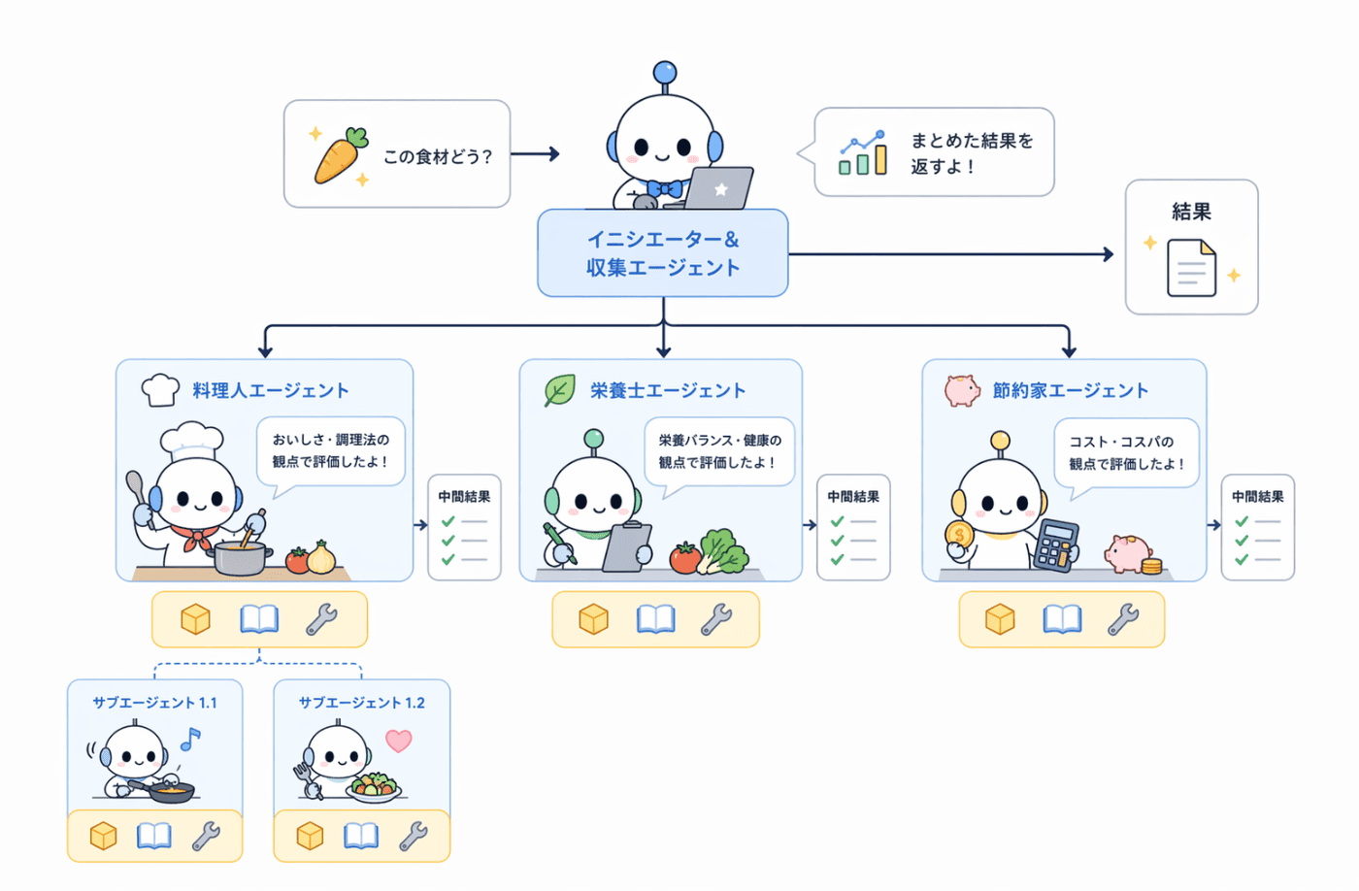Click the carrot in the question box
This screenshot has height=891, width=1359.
click(x=341, y=155)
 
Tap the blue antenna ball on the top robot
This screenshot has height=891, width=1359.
click(x=665, y=72)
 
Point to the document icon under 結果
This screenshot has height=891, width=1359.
click(x=1192, y=268)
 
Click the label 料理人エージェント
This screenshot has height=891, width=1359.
click(x=271, y=390)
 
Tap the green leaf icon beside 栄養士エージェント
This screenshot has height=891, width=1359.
click(x=559, y=390)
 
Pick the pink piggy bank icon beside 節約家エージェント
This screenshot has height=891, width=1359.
click(x=962, y=390)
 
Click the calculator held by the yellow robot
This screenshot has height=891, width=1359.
click(x=1055, y=545)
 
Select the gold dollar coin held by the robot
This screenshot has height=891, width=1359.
click(x=959, y=535)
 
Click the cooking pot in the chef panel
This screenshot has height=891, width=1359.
click(x=240, y=558)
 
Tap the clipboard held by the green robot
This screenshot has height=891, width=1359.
click(x=627, y=546)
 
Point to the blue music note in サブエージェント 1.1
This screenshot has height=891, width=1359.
click(x=190, y=739)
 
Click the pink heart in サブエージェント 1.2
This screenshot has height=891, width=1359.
click(x=399, y=741)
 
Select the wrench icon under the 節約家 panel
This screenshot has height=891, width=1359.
click(x=1124, y=619)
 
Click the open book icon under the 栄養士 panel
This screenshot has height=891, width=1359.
click(x=656, y=619)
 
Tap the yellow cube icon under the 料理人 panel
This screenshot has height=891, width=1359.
click(x=195, y=619)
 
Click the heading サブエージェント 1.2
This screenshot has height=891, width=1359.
click(x=361, y=703)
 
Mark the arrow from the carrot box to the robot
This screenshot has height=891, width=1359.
click(x=535, y=154)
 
